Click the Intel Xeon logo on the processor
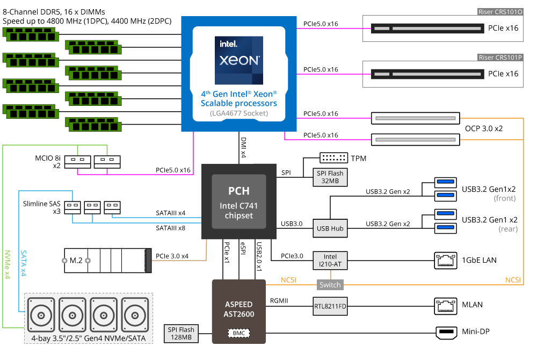click(x=239, y=60)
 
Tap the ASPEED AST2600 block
click(x=239, y=309)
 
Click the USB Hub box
click(x=330, y=228)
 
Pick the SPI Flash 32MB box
click(x=330, y=177)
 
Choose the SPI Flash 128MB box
click(x=180, y=334)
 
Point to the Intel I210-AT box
click(x=330, y=260)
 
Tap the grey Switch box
click(x=330, y=285)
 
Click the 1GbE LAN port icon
click(x=445, y=261)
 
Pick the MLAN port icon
click(x=445, y=305)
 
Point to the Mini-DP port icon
click(x=445, y=333)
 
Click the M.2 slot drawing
click(x=105, y=261)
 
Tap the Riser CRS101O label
click(x=500, y=11)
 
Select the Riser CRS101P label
click(x=500, y=57)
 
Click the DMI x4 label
click(x=243, y=147)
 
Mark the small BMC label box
click(x=239, y=333)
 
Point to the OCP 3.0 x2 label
click(x=483, y=129)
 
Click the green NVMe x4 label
click(x=7, y=263)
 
